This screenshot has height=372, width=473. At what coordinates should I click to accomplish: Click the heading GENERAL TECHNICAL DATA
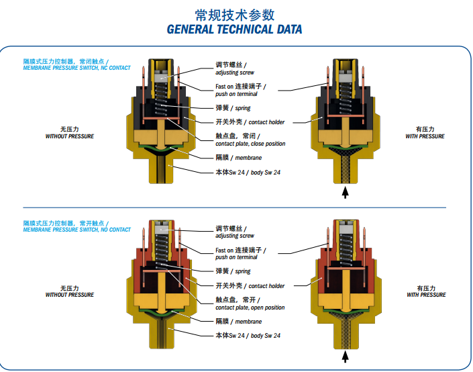[234, 30]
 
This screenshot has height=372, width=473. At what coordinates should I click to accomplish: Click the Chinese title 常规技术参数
[235, 15]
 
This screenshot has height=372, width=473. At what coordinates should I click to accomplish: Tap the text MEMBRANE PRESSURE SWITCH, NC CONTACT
[76, 68]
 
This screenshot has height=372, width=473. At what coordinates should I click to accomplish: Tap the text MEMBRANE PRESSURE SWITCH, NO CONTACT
[76, 230]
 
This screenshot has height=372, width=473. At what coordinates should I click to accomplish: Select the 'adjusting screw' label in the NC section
[235, 73]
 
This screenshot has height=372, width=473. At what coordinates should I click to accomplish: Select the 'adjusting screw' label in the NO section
[235, 236]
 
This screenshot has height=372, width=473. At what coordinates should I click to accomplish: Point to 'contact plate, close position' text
[250, 144]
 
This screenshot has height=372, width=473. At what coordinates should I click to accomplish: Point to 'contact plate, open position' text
[250, 308]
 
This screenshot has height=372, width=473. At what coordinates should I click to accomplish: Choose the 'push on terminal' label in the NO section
[236, 257]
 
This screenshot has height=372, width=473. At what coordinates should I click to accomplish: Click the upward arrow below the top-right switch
[345, 192]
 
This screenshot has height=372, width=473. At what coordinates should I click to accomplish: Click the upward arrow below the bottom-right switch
[345, 357]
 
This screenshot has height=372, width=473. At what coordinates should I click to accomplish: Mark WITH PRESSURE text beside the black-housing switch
[425, 136]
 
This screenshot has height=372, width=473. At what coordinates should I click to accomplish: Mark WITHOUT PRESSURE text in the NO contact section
[70, 295]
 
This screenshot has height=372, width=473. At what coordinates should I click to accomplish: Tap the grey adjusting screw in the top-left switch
[162, 78]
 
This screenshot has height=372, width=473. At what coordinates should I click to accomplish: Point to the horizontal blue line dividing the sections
[234, 207]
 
